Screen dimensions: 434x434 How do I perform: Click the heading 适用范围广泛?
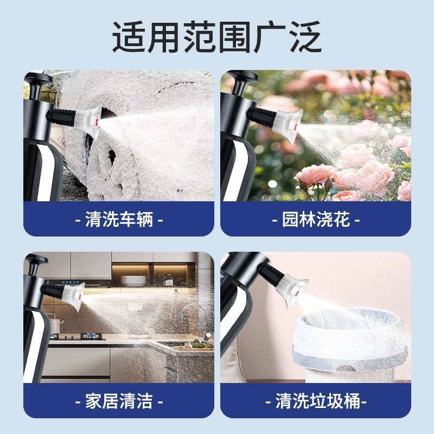pos(216,37)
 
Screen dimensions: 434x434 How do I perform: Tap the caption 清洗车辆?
pos(119,220)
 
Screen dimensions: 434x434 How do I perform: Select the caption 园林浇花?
pos(316,220)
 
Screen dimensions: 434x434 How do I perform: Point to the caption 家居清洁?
pos(119,401)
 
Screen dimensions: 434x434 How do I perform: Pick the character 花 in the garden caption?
pos(342,220)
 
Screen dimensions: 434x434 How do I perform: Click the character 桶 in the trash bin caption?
pos(352,401)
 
